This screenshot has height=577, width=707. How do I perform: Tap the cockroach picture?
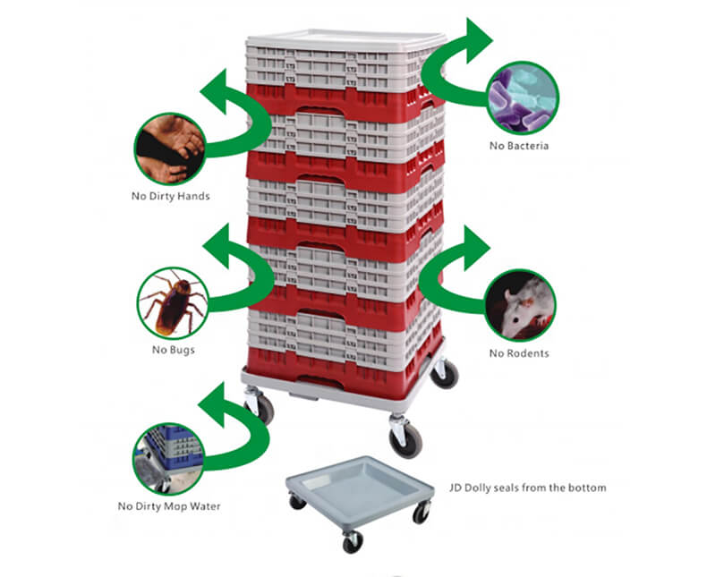point(173,301)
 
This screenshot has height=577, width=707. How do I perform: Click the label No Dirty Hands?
point(170,196)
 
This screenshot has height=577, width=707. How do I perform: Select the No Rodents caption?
point(519,353)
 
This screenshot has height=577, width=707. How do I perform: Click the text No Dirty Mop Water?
point(169,506)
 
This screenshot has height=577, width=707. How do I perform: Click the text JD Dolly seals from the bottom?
point(527,488)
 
